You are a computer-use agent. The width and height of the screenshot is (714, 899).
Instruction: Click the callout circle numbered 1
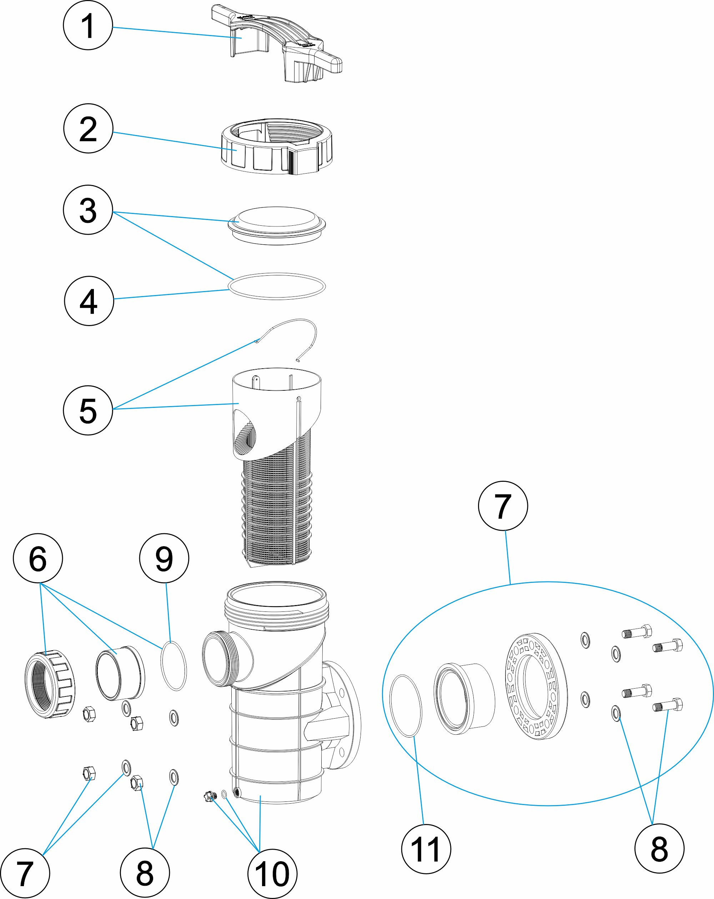click(88, 25)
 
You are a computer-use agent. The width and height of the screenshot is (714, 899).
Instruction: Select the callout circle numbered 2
click(88, 129)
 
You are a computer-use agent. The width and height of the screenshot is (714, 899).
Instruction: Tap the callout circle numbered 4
click(89, 301)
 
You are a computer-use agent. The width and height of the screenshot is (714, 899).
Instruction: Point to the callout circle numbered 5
click(88, 410)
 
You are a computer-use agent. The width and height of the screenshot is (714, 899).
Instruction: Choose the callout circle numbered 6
click(38, 558)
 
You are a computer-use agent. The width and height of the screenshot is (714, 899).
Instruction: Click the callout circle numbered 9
click(164, 558)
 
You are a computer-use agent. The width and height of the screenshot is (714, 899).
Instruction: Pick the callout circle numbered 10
click(272, 874)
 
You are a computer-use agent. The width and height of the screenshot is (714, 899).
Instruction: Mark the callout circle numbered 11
click(426, 849)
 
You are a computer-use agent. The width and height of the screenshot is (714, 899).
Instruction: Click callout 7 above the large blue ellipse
click(503, 506)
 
